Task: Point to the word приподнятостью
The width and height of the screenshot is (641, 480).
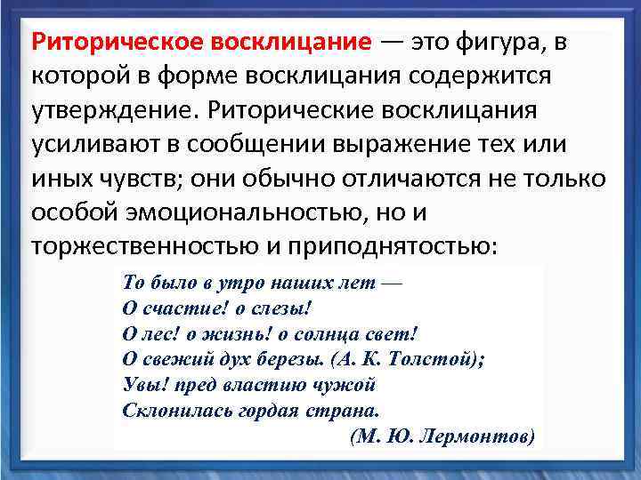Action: point(402,246)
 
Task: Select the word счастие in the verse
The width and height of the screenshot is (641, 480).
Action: point(173,308)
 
